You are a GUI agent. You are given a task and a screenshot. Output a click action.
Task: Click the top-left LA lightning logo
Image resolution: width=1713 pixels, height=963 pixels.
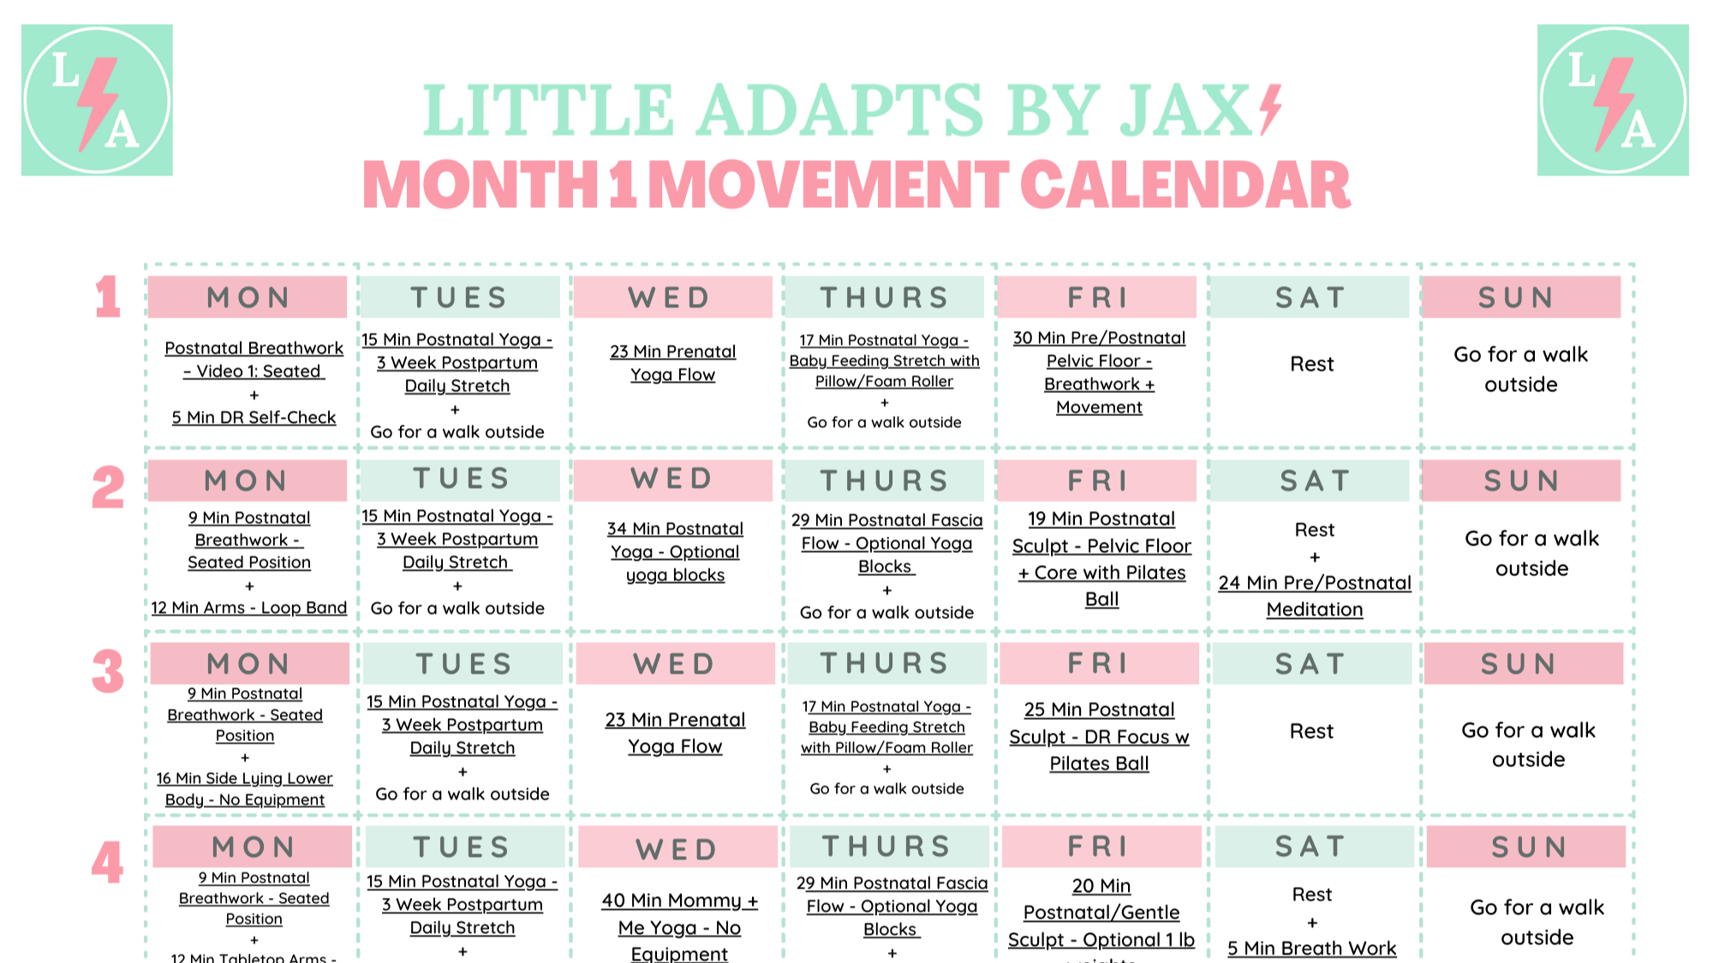coord(97,100)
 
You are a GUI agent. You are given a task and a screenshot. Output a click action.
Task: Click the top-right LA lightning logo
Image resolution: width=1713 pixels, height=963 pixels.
coord(1613,100)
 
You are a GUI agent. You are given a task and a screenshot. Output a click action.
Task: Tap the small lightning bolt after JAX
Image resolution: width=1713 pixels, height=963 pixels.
coord(1270,110)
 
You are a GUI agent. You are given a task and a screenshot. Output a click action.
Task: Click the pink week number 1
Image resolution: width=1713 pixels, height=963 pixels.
coord(108,297)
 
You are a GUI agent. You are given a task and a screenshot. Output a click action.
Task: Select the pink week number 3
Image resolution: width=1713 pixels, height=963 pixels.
coord(108,671)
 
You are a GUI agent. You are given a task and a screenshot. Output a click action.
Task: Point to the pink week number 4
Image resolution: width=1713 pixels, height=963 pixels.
coord(108,862)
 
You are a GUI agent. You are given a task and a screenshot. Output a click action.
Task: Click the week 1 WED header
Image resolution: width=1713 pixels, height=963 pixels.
coord(672,297)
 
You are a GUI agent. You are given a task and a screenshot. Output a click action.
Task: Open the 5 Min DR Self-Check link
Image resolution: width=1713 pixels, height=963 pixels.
coord(254,418)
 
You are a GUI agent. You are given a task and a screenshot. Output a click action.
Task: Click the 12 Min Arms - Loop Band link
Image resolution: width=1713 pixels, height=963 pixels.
coord(249,608)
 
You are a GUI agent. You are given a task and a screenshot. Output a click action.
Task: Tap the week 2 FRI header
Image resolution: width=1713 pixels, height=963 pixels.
coord(1097,481)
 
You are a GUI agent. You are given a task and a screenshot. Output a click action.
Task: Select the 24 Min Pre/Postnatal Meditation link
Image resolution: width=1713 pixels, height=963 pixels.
coord(1315,596)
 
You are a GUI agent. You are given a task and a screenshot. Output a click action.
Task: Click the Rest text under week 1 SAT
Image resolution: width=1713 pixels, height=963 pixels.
coord(1311,365)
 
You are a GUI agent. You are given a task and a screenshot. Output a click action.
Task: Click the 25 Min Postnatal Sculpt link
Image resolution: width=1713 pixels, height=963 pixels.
coord(1100,736)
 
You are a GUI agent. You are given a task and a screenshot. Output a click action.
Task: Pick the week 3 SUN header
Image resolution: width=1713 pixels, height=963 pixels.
coord(1524,664)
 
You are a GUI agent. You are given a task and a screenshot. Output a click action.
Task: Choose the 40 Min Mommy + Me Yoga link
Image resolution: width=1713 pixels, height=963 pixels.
coord(679,927)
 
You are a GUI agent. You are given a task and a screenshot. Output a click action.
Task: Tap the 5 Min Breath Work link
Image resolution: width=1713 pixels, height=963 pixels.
coord(1311,948)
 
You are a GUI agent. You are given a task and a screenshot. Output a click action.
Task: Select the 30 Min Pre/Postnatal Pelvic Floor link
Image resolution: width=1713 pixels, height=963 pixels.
coord(1099,372)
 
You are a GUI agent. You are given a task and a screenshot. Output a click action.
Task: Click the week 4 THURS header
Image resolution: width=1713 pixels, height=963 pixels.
coord(888,847)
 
